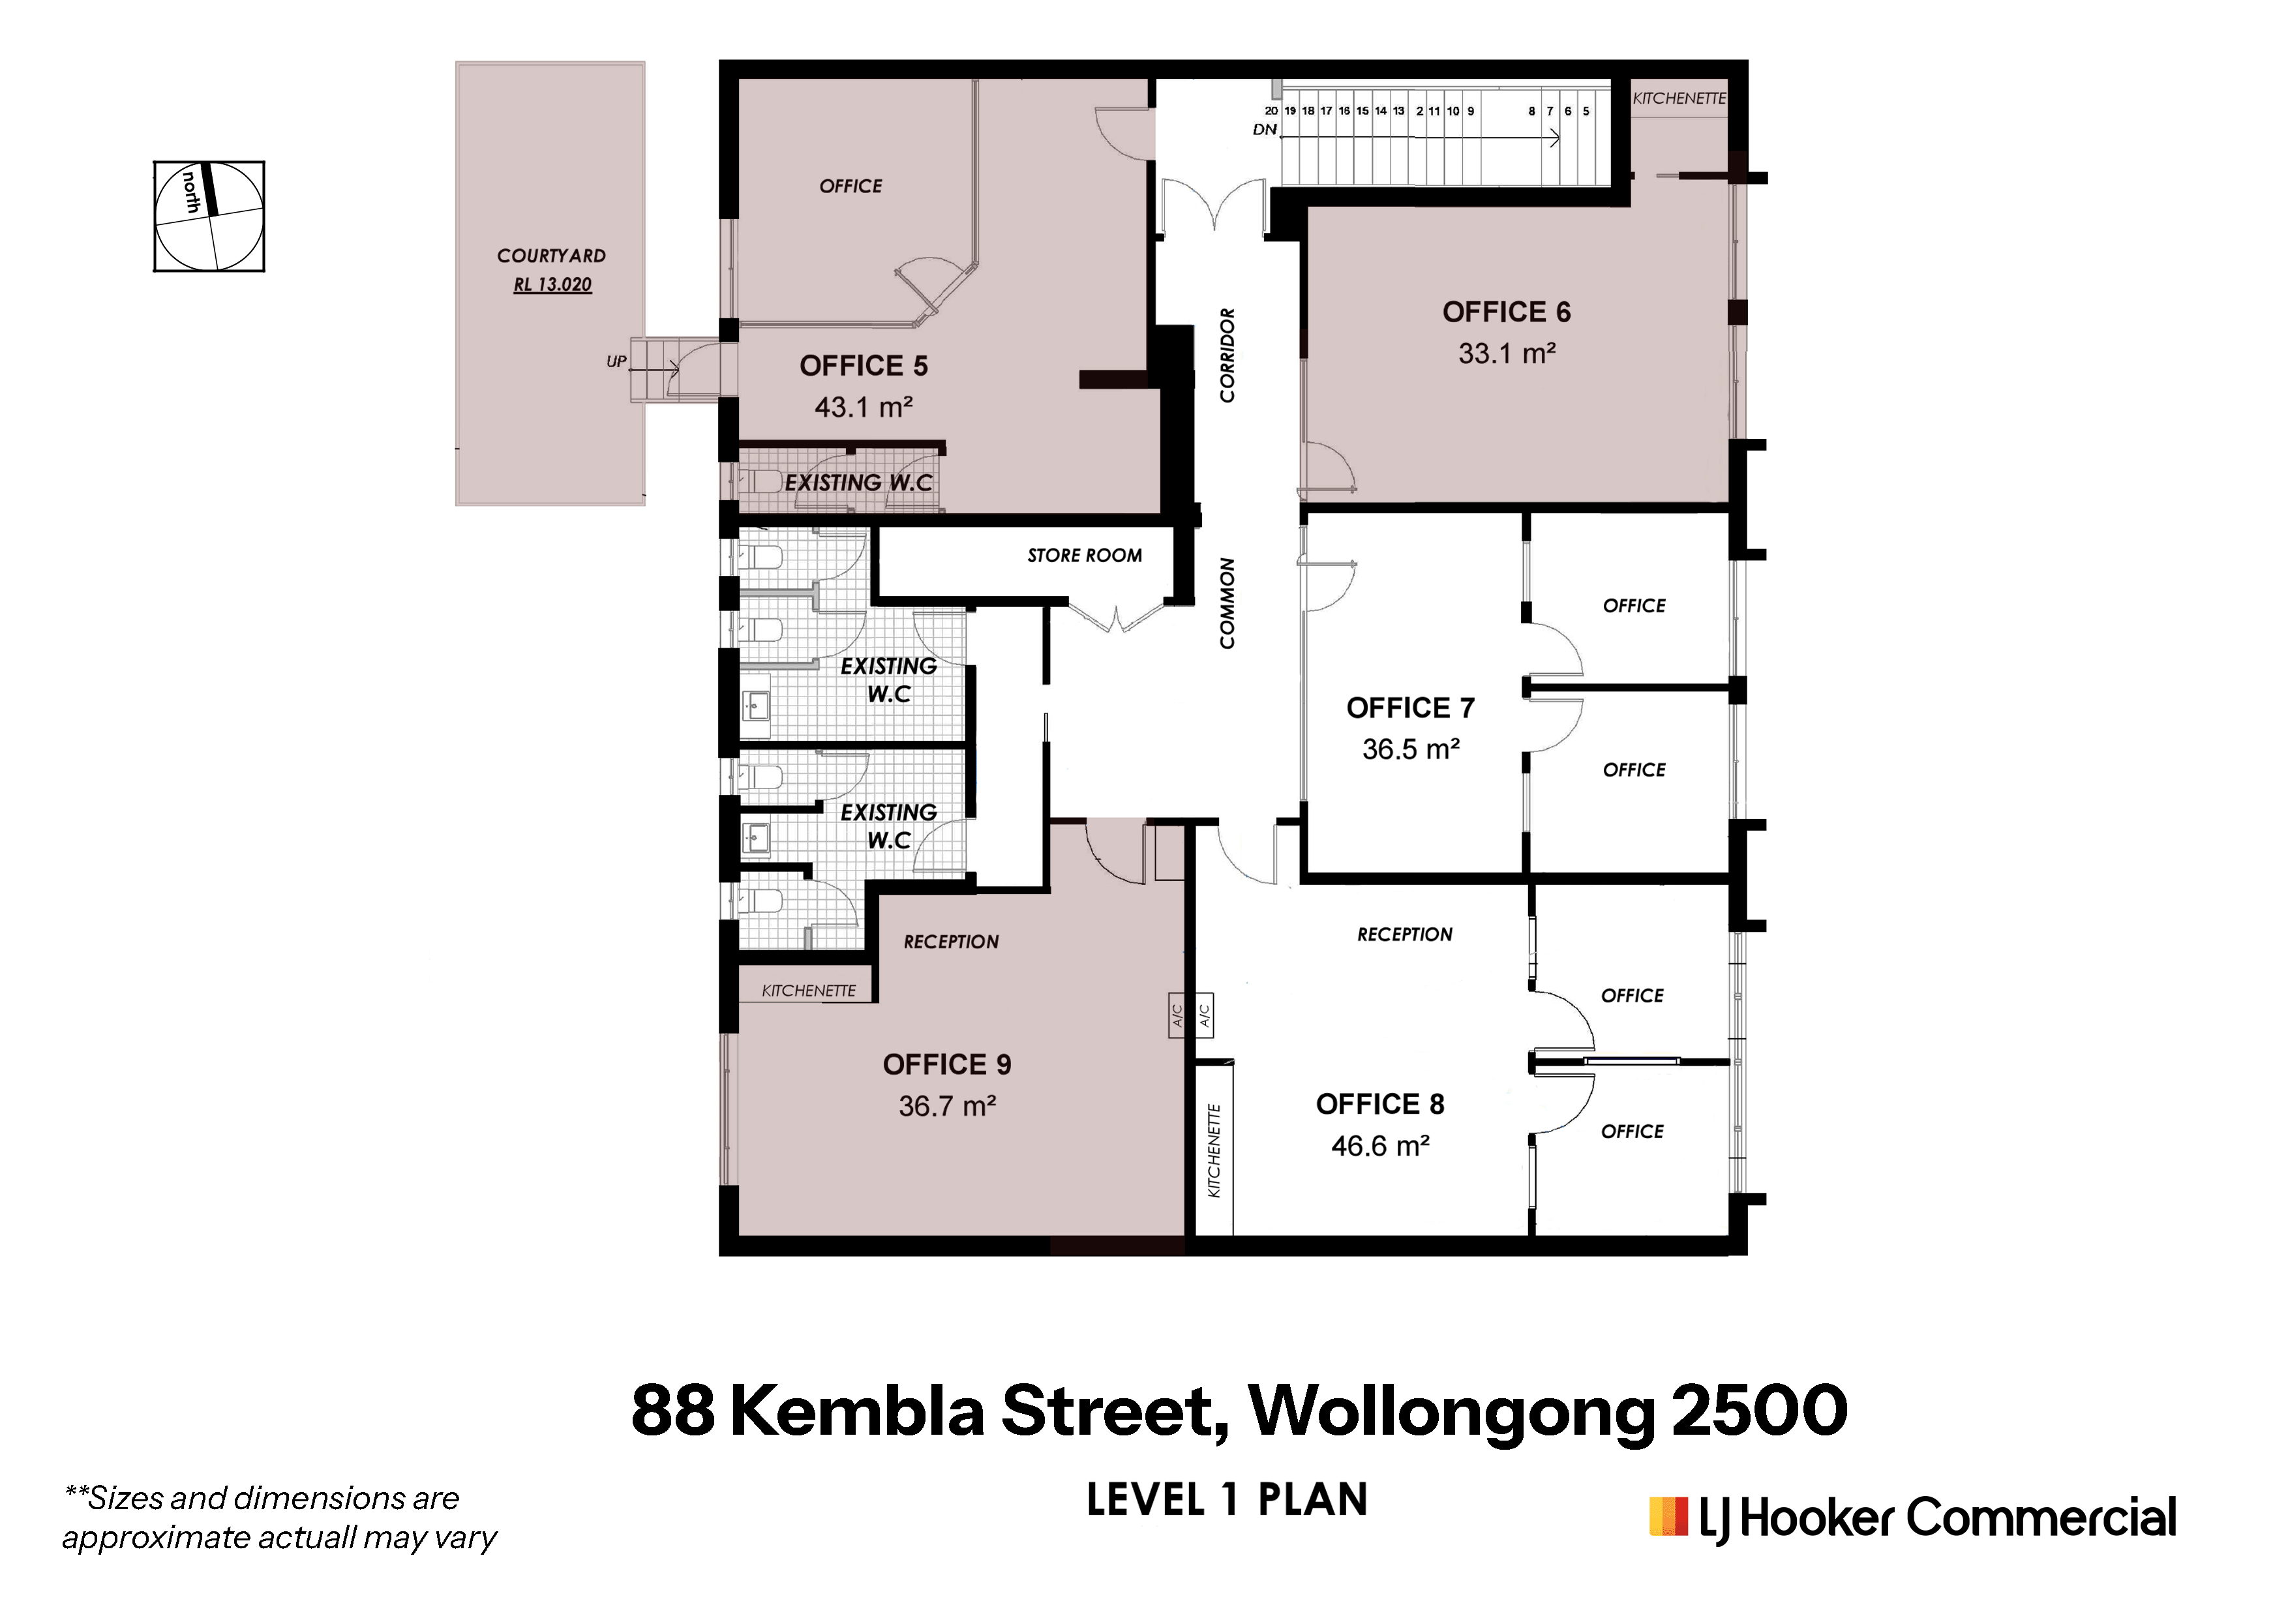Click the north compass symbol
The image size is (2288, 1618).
pyautogui.click(x=209, y=217)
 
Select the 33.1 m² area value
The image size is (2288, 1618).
pyautogui.click(x=1507, y=353)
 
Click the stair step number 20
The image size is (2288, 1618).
pyautogui.click(x=1272, y=111)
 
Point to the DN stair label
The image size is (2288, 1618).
pyautogui.click(x=1265, y=130)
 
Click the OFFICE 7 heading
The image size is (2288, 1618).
pyautogui.click(x=1410, y=708)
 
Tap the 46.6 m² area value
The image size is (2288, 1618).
pyautogui.click(x=1380, y=1146)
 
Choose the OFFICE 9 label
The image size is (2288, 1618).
pyautogui.click(x=946, y=1065)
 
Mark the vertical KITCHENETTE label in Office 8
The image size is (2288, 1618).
pyautogui.click(x=1214, y=1151)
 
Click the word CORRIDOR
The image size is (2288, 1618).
pyautogui.click(x=1227, y=355)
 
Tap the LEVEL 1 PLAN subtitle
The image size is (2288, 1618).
pyautogui.click(x=1227, y=1499)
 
